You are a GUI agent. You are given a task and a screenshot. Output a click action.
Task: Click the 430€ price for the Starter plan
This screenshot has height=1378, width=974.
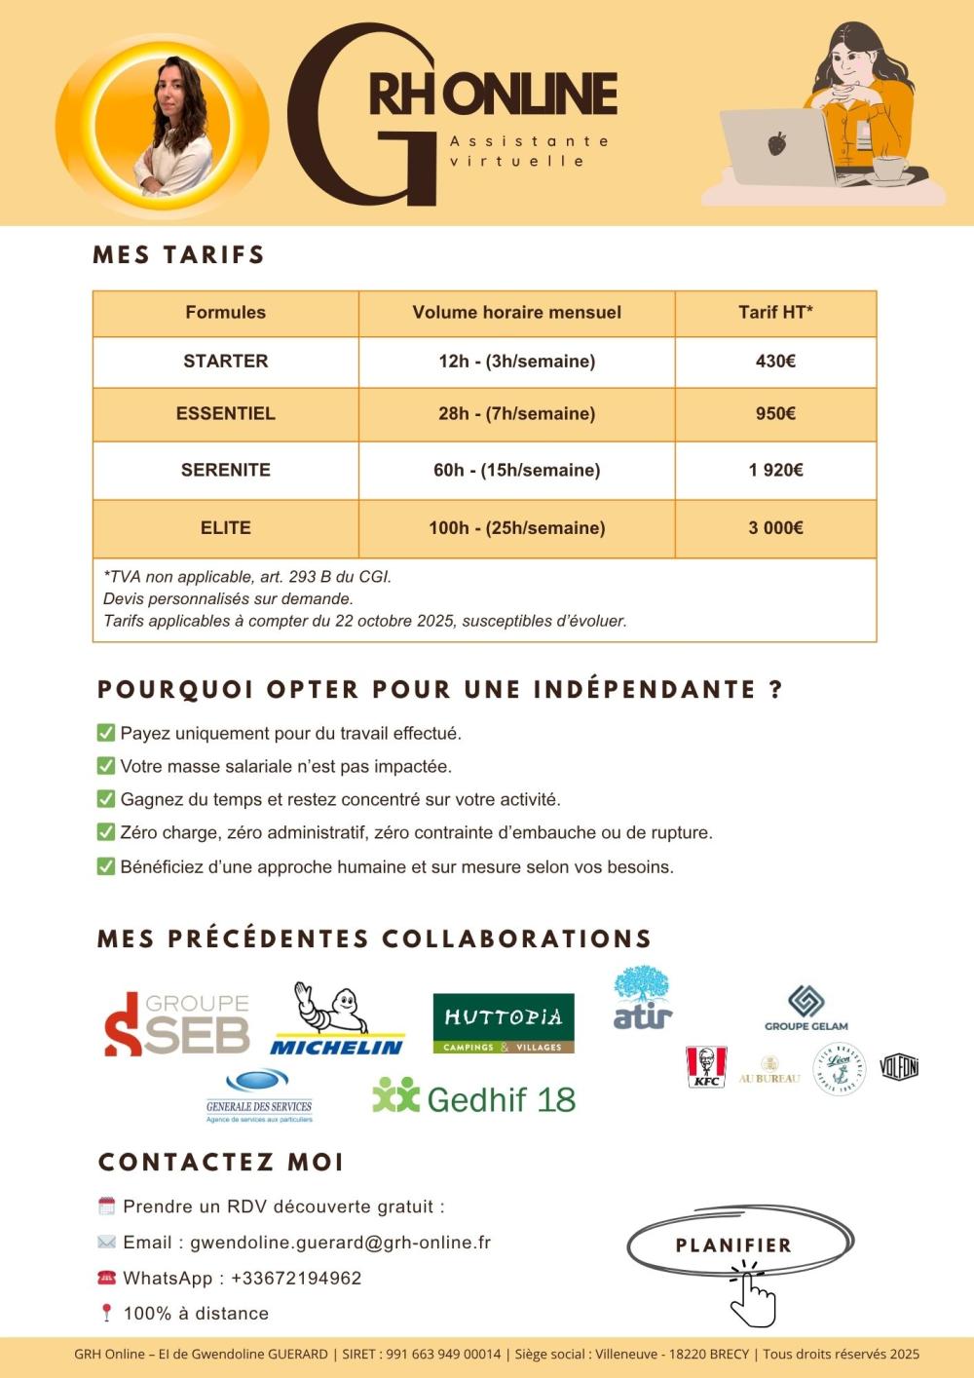coord(775,362)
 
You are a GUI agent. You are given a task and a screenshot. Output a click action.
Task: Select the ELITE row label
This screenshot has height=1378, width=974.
coord(225,528)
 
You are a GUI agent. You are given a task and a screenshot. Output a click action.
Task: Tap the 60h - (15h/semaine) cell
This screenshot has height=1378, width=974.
coord(516,471)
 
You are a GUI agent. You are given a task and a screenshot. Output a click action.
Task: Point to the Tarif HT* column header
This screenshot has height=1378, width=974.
coord(775,313)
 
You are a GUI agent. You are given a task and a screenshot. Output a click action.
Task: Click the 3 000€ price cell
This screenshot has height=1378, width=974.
coord(775,528)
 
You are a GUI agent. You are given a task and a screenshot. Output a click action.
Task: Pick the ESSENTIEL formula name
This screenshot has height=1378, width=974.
coord(225,414)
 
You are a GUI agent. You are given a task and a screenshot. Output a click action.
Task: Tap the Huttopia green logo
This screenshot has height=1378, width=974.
coord(503,1023)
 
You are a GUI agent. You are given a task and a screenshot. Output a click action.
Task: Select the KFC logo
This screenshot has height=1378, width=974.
coord(706,1067)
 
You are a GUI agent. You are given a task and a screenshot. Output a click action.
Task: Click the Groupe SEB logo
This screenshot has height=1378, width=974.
coord(176,1024)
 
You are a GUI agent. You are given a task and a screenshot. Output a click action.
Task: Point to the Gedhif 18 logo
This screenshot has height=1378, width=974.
coord(473,1098)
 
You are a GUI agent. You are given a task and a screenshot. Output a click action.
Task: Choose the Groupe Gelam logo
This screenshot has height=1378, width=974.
coord(805,1008)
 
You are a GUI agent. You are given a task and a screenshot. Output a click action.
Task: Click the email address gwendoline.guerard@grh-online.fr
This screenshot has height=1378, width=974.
coord(340,1243)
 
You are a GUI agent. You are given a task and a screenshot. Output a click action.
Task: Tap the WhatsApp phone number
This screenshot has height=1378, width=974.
coord(296,1279)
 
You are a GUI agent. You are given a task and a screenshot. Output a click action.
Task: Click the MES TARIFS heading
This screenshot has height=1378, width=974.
coord(179,255)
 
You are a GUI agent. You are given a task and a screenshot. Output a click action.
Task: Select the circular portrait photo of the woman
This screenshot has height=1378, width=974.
coord(163,125)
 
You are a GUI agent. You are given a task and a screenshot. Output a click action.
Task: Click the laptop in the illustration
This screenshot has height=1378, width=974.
coord(776,146)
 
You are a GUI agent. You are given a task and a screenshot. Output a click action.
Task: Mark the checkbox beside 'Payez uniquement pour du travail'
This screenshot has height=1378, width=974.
coord(106,733)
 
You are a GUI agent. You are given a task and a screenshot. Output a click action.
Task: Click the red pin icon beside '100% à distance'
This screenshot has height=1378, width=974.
coord(107,1314)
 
